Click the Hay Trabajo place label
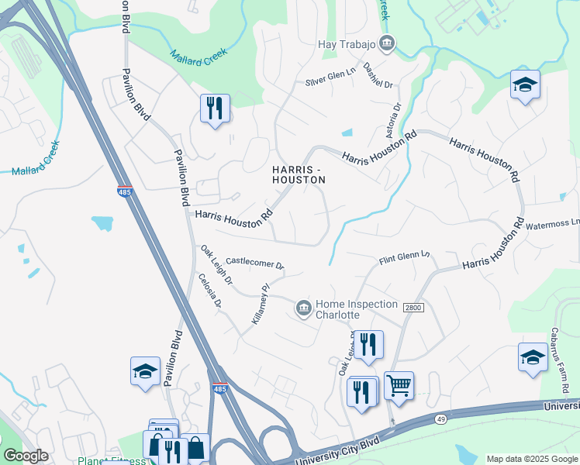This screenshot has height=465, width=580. (347, 43)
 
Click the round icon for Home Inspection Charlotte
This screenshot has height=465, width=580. (303, 309)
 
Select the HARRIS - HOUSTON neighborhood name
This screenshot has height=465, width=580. (299, 174)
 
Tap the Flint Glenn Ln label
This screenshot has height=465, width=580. (403, 260)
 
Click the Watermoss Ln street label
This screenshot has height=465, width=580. (553, 224)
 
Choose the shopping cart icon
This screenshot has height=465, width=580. (399, 384)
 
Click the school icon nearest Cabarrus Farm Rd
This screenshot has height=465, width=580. (533, 357)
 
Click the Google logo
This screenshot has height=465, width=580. (26, 456)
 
